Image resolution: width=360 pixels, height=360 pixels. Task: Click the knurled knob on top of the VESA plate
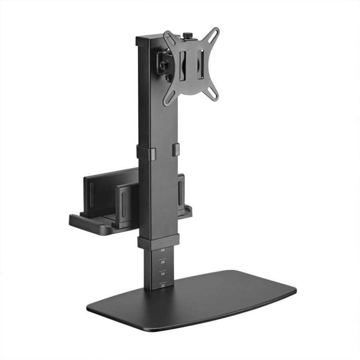click(187, 36)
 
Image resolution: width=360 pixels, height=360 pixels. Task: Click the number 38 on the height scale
click(162, 250)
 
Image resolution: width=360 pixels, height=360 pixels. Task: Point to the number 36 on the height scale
click(162, 262)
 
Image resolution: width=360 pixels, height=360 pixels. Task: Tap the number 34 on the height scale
click(162, 274)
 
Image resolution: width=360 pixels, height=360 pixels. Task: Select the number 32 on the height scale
click(162, 286)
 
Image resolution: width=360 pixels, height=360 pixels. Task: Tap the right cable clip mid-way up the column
click(176, 149)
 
